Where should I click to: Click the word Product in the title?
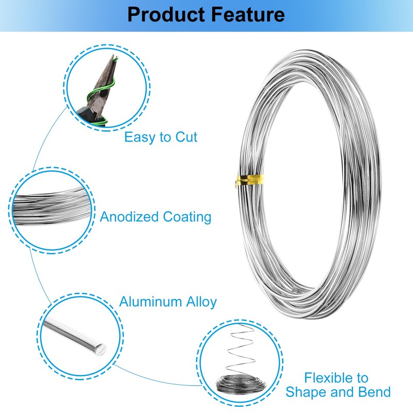166,14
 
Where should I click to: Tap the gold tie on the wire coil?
249,181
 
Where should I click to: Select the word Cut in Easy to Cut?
186,137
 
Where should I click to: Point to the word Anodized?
130,217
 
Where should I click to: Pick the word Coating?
187,217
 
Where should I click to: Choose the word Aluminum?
151,302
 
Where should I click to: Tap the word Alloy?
201,303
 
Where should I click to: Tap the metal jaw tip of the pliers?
113,58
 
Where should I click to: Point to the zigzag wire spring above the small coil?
242,347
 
